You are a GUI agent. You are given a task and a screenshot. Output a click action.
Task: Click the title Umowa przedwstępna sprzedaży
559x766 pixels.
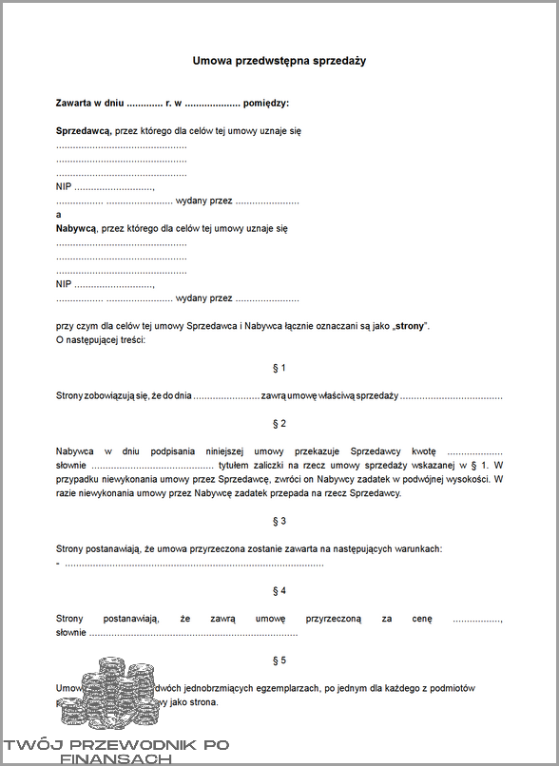pos(279,61)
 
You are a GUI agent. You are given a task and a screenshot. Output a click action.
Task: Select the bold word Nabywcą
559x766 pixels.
pos(77,228)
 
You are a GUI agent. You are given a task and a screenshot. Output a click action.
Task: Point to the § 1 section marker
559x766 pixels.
pos(279,367)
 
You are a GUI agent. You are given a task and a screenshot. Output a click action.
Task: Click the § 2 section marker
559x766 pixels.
pos(279,423)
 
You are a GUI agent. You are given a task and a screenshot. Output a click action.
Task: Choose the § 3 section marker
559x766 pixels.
pos(279,522)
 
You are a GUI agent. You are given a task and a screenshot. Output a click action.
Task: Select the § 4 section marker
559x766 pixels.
pos(279,591)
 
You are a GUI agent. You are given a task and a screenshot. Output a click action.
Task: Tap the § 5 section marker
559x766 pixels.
pos(279,661)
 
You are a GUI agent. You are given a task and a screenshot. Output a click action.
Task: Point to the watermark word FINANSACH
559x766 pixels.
pos(115,759)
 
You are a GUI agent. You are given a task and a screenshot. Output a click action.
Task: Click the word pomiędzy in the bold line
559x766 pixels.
pos(266,103)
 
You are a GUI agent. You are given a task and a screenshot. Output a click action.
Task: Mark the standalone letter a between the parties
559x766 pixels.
pos(59,216)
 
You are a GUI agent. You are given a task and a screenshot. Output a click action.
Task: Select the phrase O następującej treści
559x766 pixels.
pos(101,339)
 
